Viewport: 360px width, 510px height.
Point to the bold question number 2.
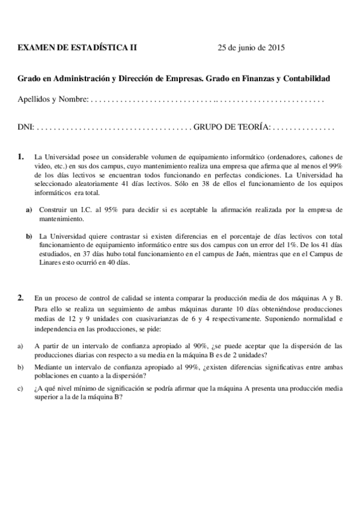pos(21,297)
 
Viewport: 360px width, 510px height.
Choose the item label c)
pos(20,389)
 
